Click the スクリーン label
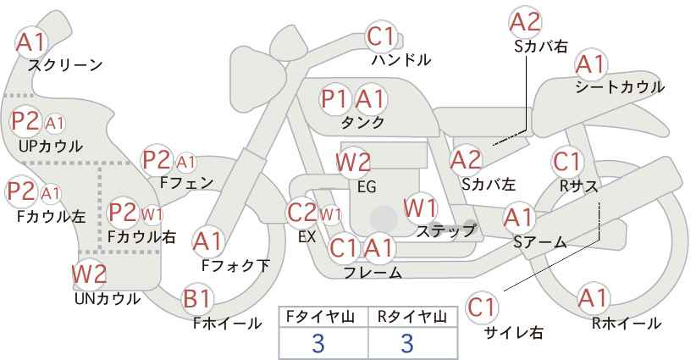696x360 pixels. coord(65,65)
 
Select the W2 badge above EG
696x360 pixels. coord(353,163)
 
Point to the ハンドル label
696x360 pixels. coord(401,60)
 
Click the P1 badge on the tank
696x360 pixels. coord(334,99)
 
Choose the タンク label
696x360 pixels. coord(362,122)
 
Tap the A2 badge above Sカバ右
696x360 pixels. coord(526,22)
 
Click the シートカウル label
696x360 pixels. coord(620,87)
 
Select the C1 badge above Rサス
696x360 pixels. coord(566,162)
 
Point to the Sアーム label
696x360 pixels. coord(540,242)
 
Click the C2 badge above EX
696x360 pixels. coord(301,213)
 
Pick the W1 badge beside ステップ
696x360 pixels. coord(421,208)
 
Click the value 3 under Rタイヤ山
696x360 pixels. coord(407,343)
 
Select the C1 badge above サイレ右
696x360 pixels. coord(482,307)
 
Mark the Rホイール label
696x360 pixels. coord(627,324)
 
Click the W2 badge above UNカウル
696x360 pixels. coord(90,274)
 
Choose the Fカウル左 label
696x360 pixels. coord(51,217)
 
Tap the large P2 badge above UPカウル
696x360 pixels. coord(25,121)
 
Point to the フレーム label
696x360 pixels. coord(373,272)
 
